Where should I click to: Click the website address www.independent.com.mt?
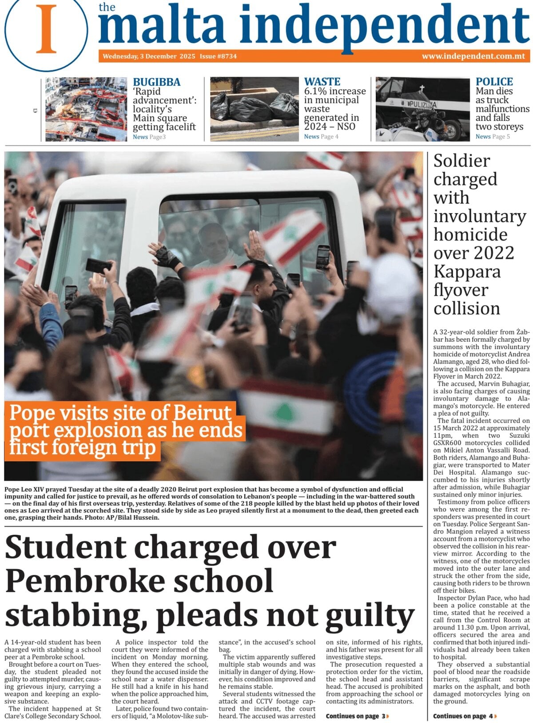tap(473, 56)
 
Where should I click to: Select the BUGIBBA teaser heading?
tap(156, 82)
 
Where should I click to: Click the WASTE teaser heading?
tap(322, 82)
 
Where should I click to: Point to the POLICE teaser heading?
tap(494, 82)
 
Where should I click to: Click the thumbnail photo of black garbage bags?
tap(254, 109)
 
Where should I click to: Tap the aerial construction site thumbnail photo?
tap(86, 109)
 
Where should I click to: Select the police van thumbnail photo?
tap(422, 109)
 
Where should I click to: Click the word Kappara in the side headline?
tap(466, 272)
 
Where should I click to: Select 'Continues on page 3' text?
tap(357, 716)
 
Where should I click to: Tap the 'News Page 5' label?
tap(492, 137)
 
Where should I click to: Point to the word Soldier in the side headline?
tap(461, 161)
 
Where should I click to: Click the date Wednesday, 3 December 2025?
tap(149, 56)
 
